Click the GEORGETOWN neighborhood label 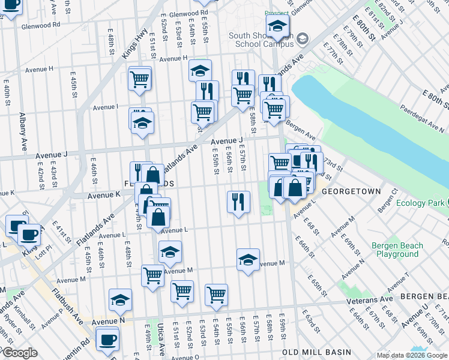coord(351,191)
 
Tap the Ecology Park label coord(422,203)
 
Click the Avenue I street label coord(105,107)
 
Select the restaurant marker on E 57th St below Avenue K coord(238,202)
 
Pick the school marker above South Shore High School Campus coord(277,26)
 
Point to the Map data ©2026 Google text coord(411,355)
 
